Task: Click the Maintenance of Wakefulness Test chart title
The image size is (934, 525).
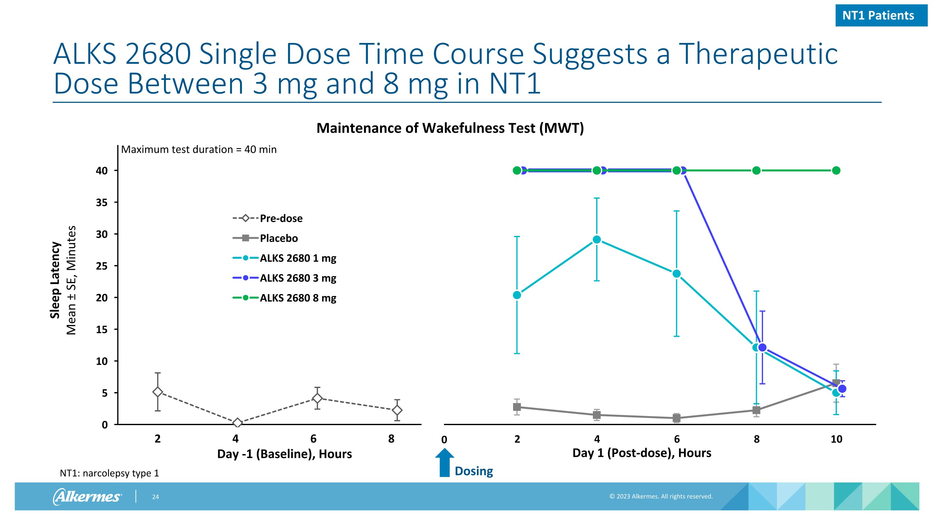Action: [x=450, y=128]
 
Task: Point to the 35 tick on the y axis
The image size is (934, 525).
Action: [x=102, y=203]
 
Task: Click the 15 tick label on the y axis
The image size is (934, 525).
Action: [x=102, y=330]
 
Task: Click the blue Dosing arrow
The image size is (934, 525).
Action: [x=445, y=463]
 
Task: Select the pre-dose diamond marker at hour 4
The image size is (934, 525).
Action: [x=238, y=423]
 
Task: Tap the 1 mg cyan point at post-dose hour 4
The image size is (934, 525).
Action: [x=597, y=240]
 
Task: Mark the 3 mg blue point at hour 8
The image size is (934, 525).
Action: [x=762, y=348]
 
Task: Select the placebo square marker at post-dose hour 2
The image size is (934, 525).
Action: [x=517, y=407]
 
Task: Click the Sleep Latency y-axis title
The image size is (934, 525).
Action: [x=55, y=280]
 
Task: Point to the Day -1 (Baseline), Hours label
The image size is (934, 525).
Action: [x=284, y=454]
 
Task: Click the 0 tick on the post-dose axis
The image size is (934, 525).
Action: [x=444, y=440]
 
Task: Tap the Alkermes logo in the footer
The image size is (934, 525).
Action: [x=87, y=496]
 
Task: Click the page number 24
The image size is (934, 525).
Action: [x=155, y=497]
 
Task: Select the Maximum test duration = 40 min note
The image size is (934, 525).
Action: [x=199, y=150]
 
